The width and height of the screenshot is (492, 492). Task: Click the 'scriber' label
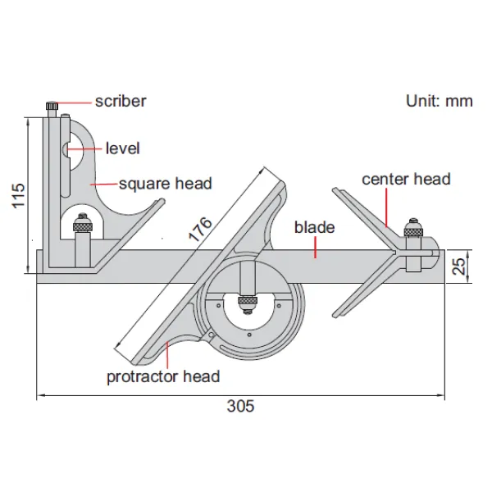pos(121,102)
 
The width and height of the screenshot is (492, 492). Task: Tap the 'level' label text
pos(123,148)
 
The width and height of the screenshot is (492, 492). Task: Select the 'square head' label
pos(166,184)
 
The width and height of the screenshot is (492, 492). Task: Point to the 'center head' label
pos(407,179)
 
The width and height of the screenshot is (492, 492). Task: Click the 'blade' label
pos(314,227)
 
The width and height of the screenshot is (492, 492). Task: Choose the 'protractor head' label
pos(163,376)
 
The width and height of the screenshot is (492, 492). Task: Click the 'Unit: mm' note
pos(440,101)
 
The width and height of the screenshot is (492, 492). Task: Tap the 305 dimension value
pos(240,406)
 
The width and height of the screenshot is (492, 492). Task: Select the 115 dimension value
pos(18,195)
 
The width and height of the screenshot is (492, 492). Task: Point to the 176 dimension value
pos(200,230)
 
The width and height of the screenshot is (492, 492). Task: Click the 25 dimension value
pos(459,266)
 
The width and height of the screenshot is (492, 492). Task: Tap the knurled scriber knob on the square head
pos(52,106)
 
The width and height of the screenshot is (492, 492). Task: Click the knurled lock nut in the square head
pos(83,226)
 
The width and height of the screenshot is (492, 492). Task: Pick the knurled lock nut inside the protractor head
pos(248,301)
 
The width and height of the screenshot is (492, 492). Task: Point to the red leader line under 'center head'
pos(386,207)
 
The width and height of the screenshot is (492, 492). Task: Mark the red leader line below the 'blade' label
pos(315,248)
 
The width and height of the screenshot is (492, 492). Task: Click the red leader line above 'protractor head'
pos(168,355)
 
